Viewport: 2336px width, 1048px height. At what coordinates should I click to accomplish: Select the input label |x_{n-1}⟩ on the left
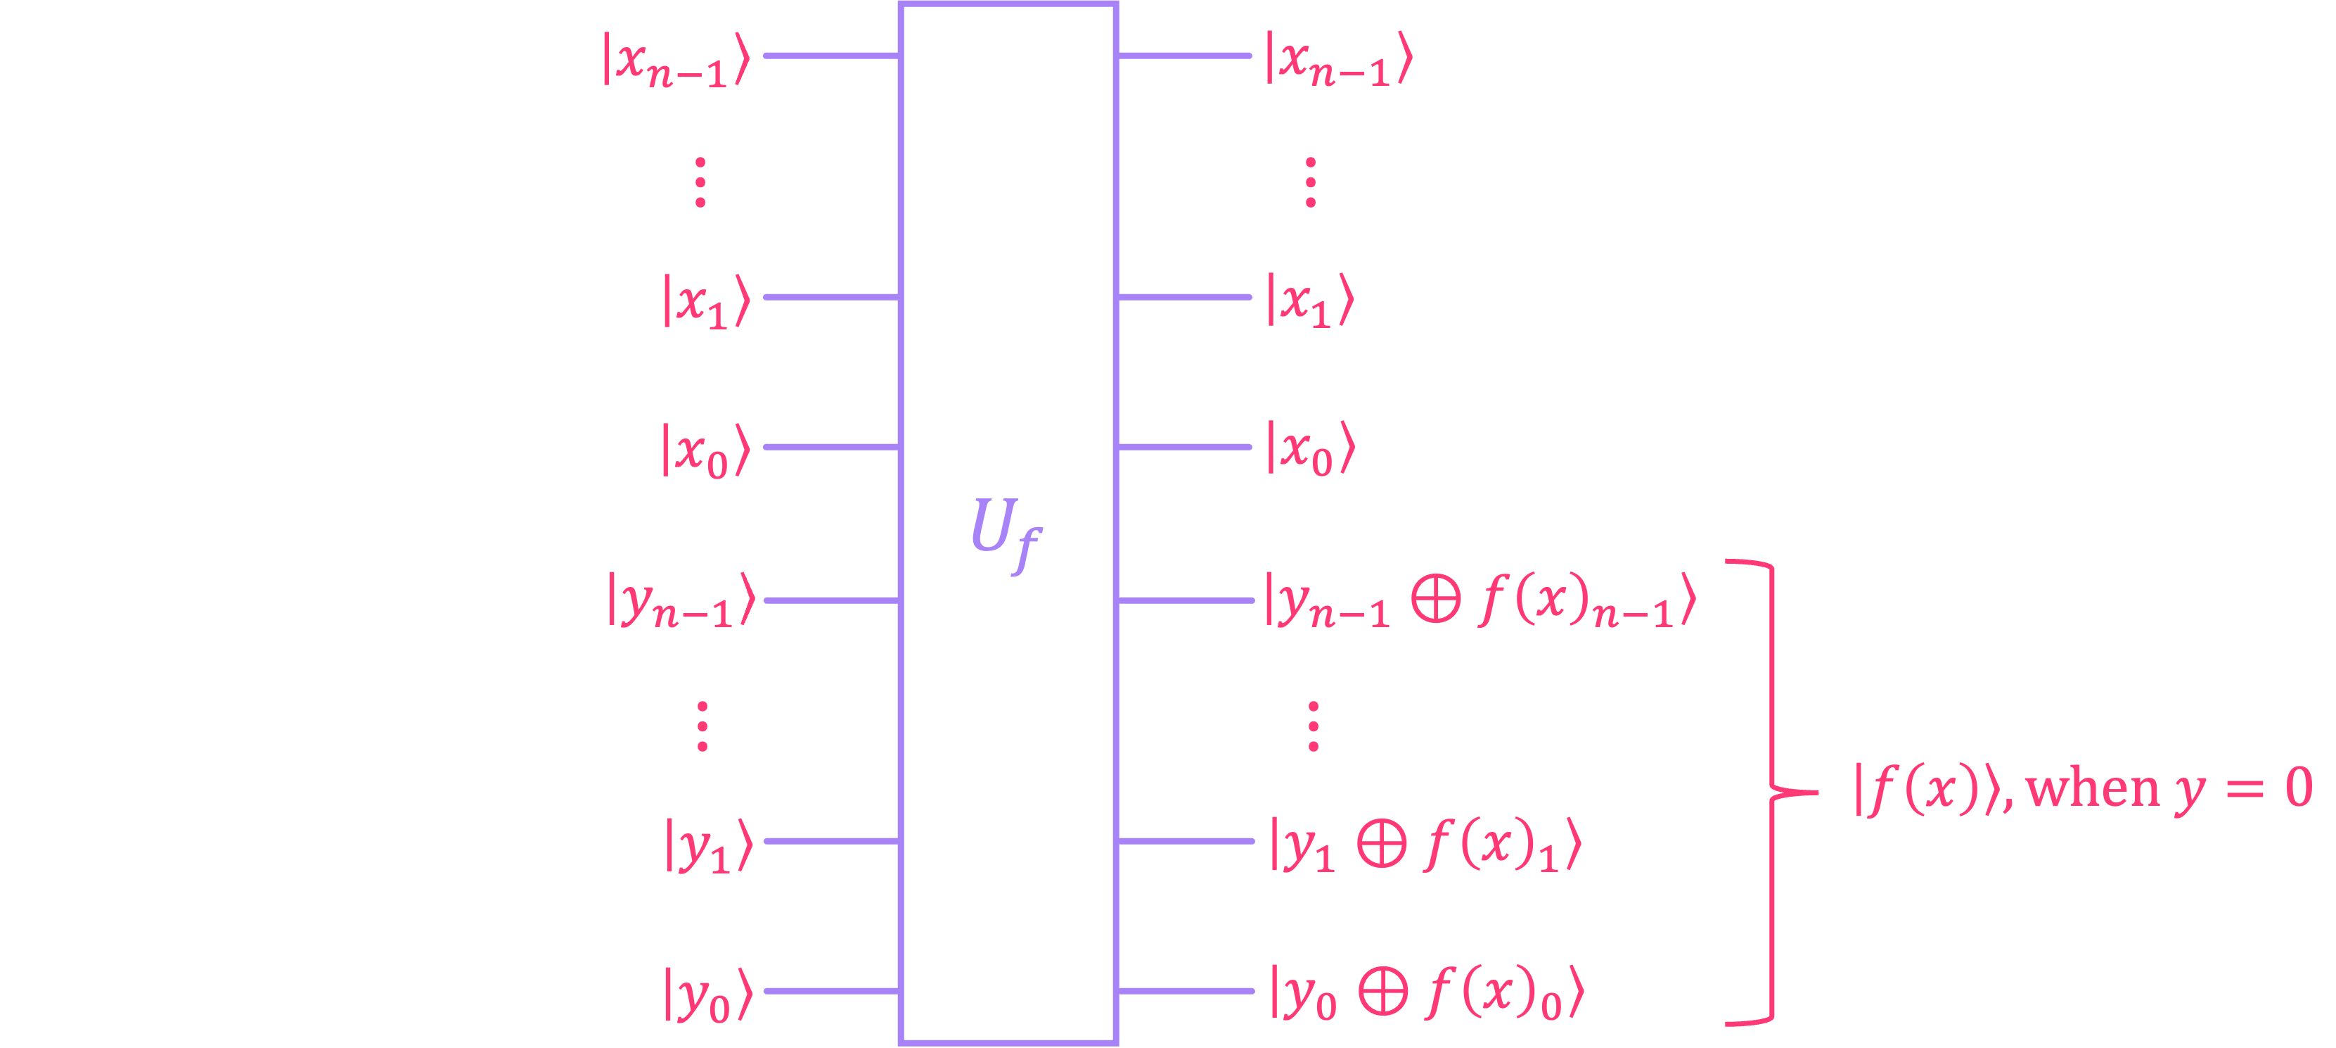point(676,61)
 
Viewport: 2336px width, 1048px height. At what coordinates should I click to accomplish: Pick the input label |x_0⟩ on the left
point(705,450)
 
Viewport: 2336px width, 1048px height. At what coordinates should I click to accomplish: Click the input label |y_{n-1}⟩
point(681,600)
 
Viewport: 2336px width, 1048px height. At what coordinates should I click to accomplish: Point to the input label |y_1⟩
point(708,845)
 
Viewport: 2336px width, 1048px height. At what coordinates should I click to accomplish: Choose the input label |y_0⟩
point(708,995)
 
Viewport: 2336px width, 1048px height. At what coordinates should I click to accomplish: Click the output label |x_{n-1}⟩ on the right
point(1338,61)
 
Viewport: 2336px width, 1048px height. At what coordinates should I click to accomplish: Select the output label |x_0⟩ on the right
point(1309,450)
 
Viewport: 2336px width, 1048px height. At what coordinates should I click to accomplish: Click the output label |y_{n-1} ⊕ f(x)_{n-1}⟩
point(1479,600)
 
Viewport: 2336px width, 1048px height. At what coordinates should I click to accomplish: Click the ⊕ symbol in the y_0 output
point(1383,992)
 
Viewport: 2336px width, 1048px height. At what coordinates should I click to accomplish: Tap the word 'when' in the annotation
point(2093,788)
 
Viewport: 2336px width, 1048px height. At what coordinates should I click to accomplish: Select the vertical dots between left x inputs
point(700,182)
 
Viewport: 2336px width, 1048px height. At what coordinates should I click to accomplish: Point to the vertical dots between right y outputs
point(1313,726)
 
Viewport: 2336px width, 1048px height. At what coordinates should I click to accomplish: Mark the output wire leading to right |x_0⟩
point(1184,446)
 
